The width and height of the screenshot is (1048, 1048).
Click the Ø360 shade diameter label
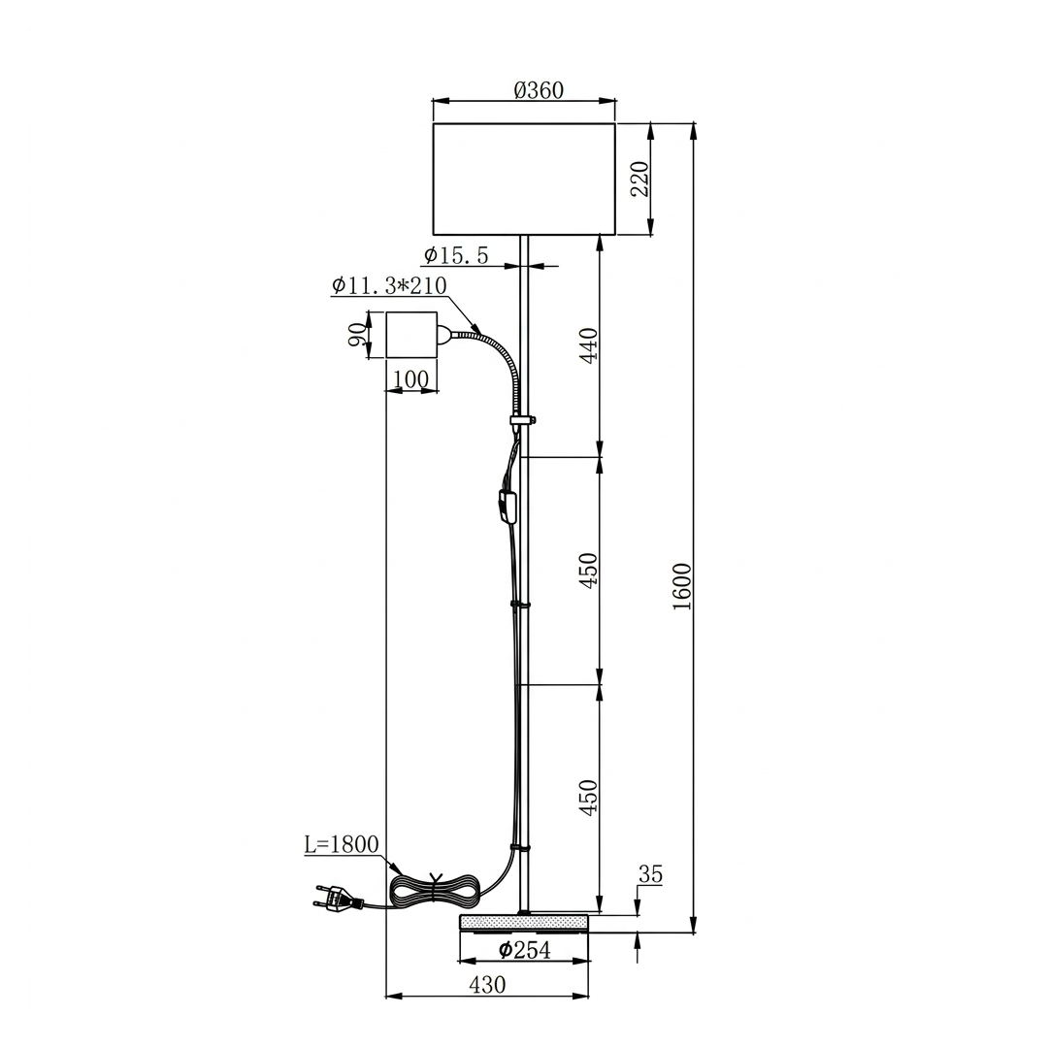539,89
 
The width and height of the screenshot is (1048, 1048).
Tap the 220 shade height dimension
640,179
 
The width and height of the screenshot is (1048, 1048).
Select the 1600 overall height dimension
682,586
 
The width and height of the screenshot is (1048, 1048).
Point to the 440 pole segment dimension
589,344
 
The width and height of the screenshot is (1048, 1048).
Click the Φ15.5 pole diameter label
456,254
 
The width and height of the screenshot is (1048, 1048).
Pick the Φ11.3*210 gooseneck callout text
389,285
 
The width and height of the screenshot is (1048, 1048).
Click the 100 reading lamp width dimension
411,379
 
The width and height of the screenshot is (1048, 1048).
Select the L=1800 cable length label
342,844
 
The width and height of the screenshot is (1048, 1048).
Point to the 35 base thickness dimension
650,873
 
